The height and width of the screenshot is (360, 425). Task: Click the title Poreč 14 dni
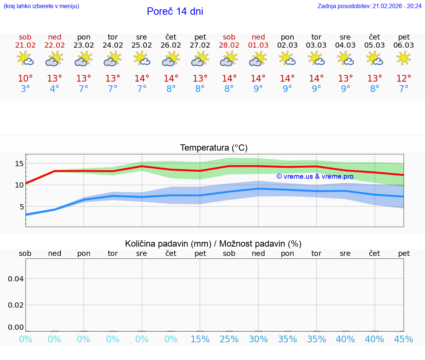point(175,11)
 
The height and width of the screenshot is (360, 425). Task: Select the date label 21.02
point(25,45)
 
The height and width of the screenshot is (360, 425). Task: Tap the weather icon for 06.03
point(404,58)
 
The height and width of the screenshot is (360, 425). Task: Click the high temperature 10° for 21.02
point(25,79)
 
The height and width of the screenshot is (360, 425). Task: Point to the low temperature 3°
point(25,89)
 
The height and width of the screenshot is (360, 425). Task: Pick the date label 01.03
point(258,45)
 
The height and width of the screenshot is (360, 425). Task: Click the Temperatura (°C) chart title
point(214,148)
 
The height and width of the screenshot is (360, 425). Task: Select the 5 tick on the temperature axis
point(22,207)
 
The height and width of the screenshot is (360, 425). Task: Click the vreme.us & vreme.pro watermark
point(315,176)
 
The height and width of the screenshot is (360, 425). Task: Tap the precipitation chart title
point(213,244)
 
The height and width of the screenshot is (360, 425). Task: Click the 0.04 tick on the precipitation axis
point(16,279)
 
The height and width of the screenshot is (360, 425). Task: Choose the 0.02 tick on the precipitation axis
point(16,305)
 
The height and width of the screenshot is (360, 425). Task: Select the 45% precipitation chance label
point(404,339)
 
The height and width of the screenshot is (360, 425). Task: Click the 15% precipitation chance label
point(200,339)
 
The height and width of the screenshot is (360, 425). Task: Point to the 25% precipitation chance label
point(229,339)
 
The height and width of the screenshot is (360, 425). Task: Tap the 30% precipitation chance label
point(258,339)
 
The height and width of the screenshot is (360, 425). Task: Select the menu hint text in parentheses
point(41,6)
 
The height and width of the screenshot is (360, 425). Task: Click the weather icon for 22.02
point(54,58)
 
